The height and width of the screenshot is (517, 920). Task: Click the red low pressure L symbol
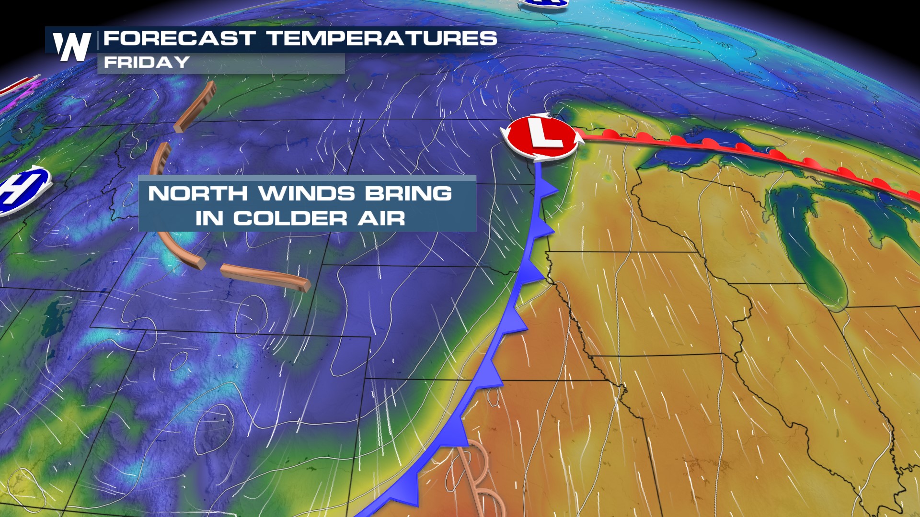pos(541,137)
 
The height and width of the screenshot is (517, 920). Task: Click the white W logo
pos(72,46)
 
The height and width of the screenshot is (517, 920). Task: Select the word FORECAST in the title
pos(179,38)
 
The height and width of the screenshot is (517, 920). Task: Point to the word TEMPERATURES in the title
pos(382,38)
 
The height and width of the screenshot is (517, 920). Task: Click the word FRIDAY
pos(147,62)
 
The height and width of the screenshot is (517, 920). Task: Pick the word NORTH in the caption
pos(198,194)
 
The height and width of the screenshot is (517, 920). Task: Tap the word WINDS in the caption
pos(307,194)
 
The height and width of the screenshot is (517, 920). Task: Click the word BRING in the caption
pos(408,194)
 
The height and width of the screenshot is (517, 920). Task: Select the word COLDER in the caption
pos(290,219)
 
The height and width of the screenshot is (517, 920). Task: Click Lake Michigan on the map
pos(810,249)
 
